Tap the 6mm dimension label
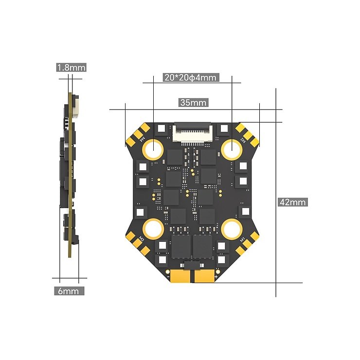click(x=68, y=291)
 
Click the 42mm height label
click(x=292, y=202)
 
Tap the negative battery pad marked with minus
click(x=179, y=276)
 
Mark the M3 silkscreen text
click(x=142, y=239)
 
